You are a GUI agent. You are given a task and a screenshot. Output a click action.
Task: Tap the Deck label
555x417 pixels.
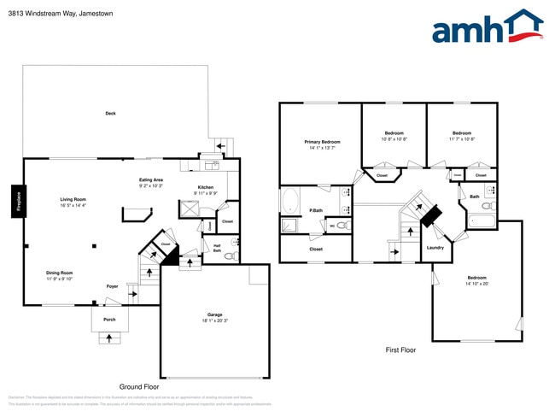110,113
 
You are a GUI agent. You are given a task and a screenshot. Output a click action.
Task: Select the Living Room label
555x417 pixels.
73,199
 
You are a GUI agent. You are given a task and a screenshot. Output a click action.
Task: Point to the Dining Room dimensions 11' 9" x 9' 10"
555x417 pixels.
60,279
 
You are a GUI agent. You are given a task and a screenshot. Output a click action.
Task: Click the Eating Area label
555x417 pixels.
151,180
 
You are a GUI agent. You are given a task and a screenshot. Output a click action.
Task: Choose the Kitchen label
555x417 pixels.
206,187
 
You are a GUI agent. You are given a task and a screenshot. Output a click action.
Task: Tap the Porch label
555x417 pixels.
109,320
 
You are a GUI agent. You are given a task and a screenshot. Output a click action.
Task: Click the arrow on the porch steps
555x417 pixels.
108,338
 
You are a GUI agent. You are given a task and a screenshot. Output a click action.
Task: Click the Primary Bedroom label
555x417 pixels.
322,142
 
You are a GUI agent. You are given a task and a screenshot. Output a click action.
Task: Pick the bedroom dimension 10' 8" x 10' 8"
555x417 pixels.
394,139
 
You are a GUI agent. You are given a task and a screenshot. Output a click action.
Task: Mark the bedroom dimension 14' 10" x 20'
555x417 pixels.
477,283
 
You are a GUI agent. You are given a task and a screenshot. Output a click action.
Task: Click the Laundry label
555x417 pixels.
435,248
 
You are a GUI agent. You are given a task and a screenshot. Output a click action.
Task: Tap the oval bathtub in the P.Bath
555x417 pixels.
290,202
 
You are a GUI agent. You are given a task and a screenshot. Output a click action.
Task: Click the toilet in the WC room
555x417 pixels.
342,226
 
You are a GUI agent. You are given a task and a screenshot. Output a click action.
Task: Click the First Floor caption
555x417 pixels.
400,349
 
